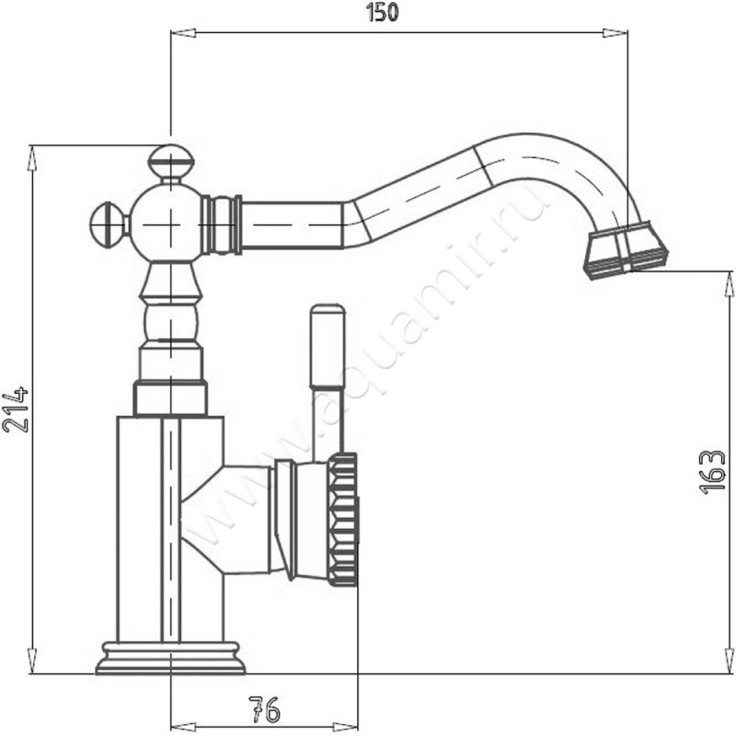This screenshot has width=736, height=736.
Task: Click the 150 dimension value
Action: (x=382, y=12)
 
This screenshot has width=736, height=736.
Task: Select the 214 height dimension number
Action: (x=16, y=409)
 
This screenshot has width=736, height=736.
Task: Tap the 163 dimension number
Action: (x=712, y=472)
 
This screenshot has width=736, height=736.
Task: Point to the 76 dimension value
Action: (x=264, y=709)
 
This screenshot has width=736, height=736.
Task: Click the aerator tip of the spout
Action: (x=626, y=250)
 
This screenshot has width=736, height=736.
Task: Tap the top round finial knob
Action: (x=171, y=160)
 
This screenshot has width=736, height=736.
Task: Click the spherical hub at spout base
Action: (x=168, y=224)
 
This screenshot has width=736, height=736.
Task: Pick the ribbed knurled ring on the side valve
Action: (x=343, y=520)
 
